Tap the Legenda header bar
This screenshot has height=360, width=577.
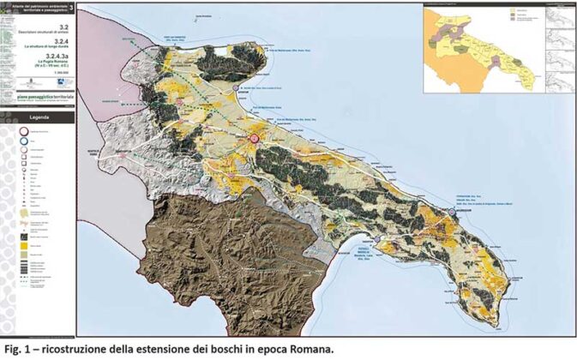[x=38, y=117]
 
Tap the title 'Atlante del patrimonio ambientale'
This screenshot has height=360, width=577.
[x=34, y=7]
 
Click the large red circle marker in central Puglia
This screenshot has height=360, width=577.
[x=254, y=139]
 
